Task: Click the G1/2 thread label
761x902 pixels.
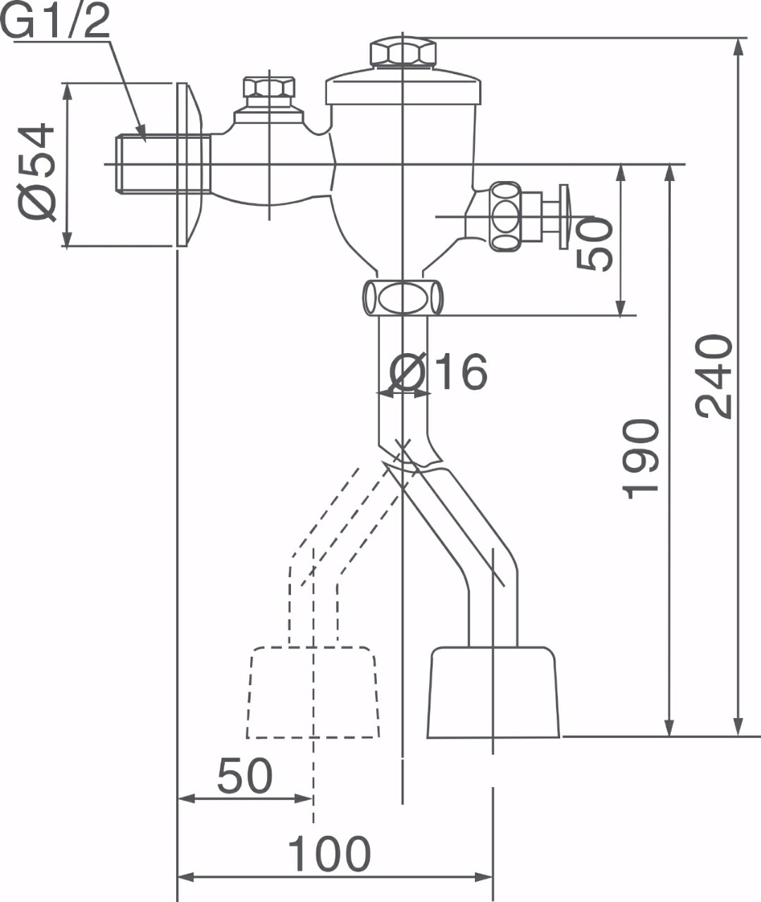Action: point(55,20)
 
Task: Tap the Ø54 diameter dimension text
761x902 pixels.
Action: point(37,172)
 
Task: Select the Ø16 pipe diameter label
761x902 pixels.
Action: point(438,371)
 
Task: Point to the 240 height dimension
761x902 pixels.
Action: point(714,376)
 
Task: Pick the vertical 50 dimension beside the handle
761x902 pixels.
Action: point(595,244)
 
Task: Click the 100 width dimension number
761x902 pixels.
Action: point(329,853)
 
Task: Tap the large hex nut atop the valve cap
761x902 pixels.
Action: point(402,52)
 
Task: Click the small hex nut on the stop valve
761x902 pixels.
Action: point(269,87)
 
